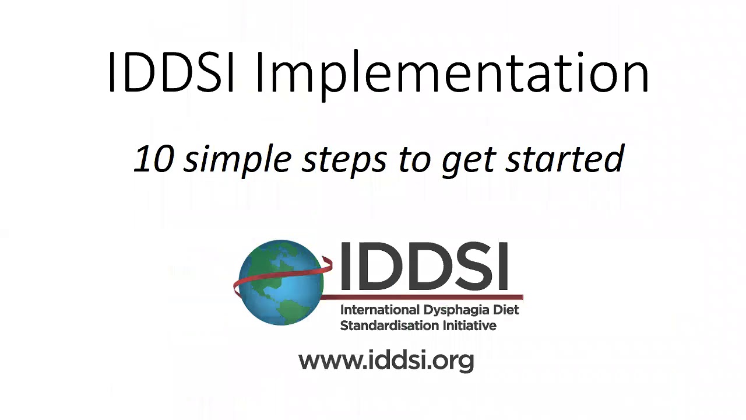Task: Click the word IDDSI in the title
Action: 171,72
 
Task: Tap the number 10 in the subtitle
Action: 154,159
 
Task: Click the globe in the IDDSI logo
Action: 281,283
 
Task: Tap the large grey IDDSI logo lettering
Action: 424,266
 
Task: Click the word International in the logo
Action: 379,310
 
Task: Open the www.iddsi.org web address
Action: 386,360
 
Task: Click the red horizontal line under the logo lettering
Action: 423,297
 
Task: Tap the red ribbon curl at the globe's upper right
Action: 327,264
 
